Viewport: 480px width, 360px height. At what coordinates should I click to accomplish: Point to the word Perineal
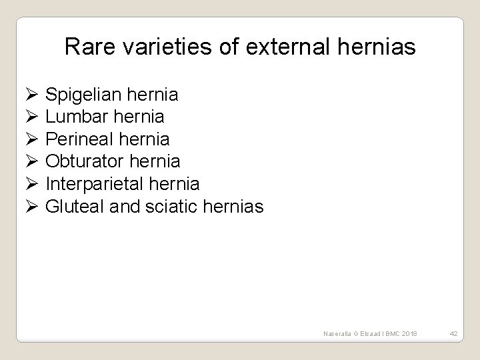click(78, 139)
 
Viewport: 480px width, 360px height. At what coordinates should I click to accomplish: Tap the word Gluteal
click(72, 206)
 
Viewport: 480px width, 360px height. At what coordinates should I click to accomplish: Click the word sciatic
click(162, 206)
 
